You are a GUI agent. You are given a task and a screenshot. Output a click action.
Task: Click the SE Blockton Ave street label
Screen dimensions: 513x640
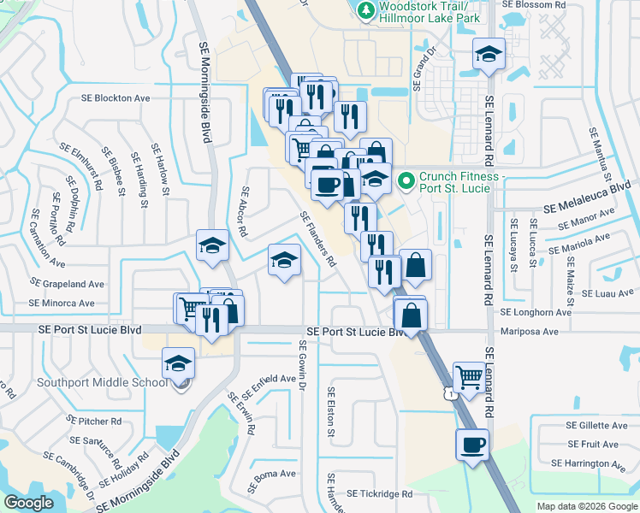(116, 98)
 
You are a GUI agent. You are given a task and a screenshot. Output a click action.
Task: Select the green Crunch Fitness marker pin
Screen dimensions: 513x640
(406, 180)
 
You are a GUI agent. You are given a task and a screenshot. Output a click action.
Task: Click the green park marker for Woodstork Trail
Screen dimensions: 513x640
(366, 9)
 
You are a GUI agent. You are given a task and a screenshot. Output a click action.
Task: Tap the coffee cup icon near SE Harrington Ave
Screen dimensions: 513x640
(473, 445)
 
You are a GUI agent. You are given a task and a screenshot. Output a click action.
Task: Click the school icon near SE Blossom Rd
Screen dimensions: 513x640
(489, 55)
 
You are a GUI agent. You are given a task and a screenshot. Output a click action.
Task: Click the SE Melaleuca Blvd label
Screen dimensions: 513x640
(587, 197)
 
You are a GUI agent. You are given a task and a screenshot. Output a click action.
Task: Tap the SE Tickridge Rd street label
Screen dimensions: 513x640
(371, 494)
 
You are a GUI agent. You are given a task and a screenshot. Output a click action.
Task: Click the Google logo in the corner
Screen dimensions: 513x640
(28, 503)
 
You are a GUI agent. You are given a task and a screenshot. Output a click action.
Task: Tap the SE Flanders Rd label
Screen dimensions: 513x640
(317, 239)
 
